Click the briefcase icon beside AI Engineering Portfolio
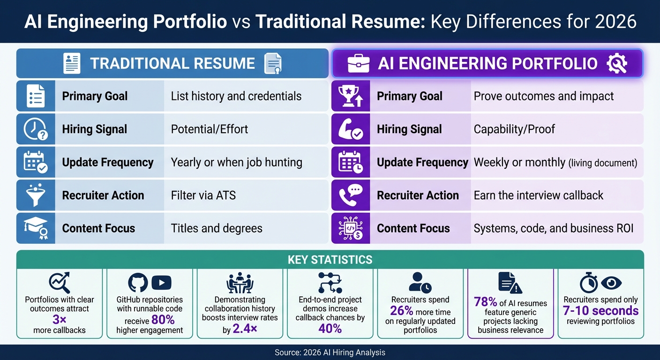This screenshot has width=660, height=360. [359, 64]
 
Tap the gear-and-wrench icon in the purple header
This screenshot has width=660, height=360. [617, 64]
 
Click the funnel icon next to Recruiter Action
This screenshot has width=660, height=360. [35, 195]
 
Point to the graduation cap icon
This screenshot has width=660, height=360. [35, 228]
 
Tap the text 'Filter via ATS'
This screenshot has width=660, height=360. [203, 195]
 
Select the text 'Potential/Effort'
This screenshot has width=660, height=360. [210, 129]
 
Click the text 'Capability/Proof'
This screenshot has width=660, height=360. [514, 129]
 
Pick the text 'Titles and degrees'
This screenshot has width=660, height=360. [217, 229]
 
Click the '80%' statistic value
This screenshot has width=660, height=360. [163, 320]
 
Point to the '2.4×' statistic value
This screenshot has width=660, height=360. [246, 330]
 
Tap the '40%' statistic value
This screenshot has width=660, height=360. [330, 329]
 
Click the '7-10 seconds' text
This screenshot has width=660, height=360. [600, 310]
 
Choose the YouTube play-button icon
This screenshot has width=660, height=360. [161, 283]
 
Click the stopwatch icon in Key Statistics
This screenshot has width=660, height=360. [588, 283]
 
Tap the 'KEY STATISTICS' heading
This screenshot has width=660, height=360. [330, 260]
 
